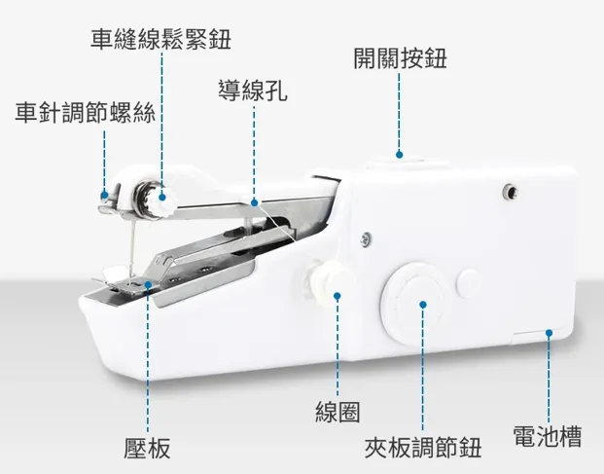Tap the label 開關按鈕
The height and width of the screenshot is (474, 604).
click(400, 58)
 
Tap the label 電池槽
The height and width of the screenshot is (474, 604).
click(548, 435)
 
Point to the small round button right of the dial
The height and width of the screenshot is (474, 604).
click(468, 282)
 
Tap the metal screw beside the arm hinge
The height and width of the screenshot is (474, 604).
click(364, 237)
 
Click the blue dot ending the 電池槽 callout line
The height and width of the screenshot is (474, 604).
click(549, 333)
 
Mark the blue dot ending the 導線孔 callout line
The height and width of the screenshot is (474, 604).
click(254, 203)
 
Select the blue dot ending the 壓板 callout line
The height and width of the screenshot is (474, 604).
click(148, 285)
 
